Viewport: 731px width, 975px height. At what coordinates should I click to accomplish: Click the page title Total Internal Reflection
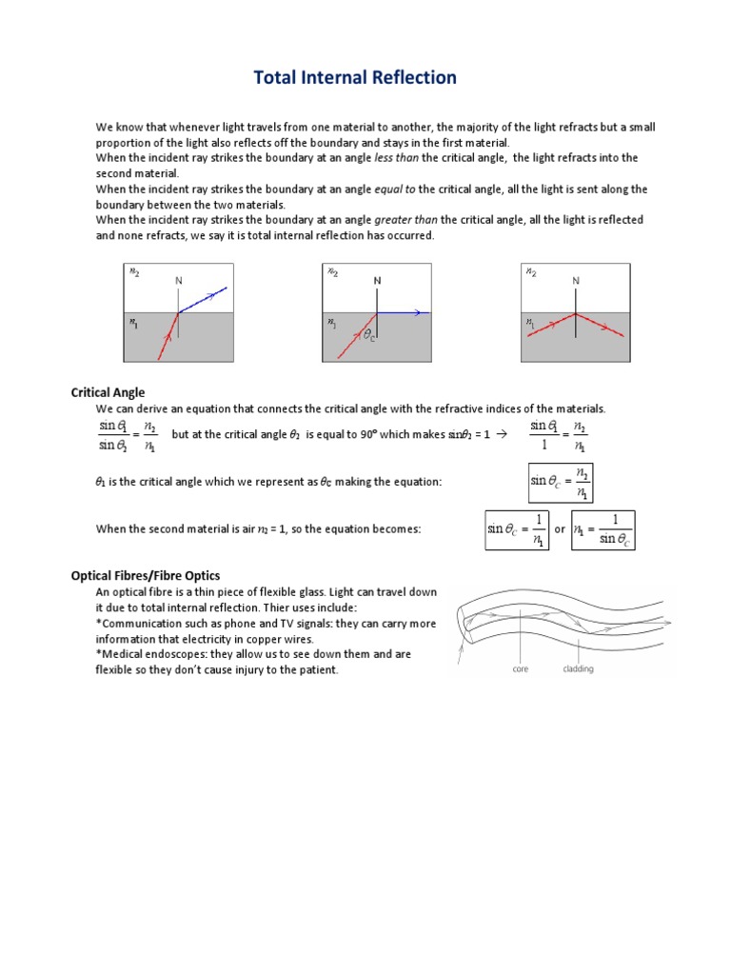click(x=355, y=77)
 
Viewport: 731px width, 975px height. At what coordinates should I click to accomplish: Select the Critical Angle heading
click(x=109, y=392)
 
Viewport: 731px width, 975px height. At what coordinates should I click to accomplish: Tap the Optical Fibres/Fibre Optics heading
click(x=146, y=575)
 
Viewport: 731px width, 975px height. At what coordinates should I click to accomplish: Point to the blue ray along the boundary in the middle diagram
click(x=404, y=312)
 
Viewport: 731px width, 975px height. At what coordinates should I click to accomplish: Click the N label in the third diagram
click(x=576, y=281)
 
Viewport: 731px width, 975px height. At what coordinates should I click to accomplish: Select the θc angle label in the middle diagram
click(x=369, y=336)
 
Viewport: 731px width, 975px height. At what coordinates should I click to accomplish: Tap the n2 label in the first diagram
click(x=134, y=271)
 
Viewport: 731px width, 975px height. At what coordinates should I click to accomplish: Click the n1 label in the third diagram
click(x=530, y=323)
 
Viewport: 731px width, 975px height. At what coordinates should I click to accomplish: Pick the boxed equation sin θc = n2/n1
click(x=561, y=482)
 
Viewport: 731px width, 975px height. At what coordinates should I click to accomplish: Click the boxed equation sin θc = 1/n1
click(x=515, y=529)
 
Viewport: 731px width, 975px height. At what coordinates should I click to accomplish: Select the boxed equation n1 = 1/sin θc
click(x=603, y=529)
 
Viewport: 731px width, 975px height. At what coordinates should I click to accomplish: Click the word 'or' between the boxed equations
click(x=560, y=529)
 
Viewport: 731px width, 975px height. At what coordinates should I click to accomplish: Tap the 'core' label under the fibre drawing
click(x=521, y=669)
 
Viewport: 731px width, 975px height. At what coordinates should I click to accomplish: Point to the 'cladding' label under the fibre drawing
click(x=578, y=669)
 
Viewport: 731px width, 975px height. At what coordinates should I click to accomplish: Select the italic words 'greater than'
click(x=408, y=220)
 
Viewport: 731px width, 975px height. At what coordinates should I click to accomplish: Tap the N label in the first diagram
click(x=178, y=281)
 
